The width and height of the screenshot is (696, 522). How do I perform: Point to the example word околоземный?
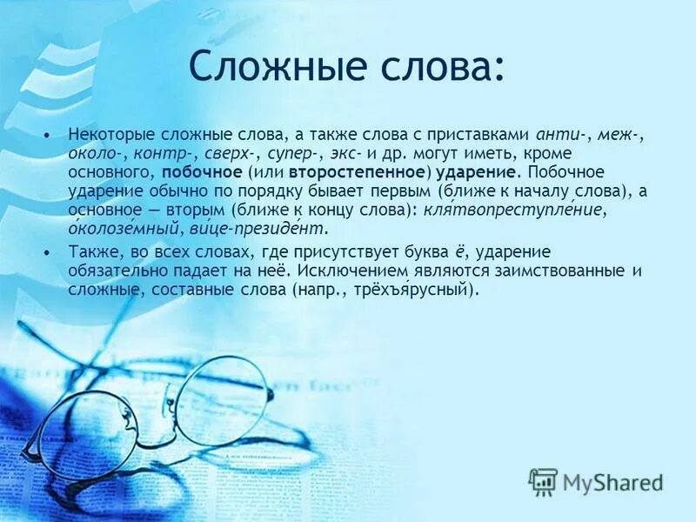coord(123,229)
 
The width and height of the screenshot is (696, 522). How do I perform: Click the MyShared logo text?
coord(611,481)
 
